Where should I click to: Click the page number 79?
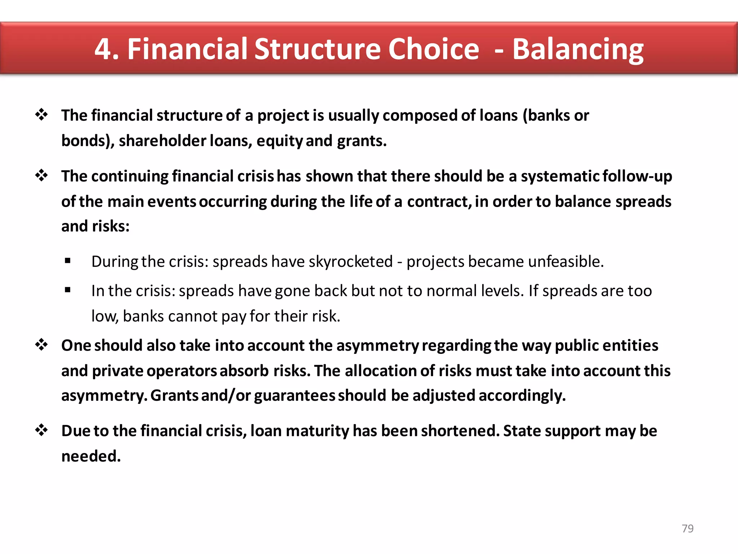(688, 528)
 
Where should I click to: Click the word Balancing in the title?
(578, 49)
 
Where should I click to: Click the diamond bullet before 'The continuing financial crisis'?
(41, 176)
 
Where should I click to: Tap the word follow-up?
(637, 176)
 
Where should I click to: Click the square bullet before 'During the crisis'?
(68, 260)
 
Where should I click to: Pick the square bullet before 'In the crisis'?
(68, 290)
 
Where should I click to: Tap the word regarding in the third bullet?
(456, 346)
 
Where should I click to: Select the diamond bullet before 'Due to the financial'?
(41, 430)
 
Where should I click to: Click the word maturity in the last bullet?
(317, 431)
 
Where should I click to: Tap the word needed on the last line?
(91, 456)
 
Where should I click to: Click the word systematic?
(560, 176)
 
